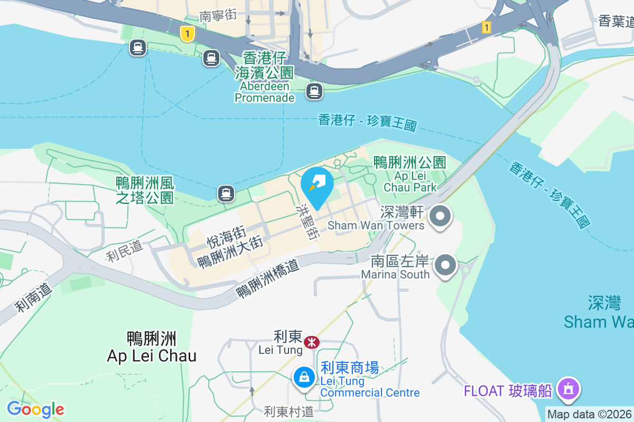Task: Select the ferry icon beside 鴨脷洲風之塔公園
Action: tap(226, 194)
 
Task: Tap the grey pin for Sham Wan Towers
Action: tap(440, 217)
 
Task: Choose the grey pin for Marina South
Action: tap(446, 265)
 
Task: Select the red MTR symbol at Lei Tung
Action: tap(312, 342)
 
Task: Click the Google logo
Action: tap(35, 409)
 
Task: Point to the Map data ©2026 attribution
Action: tap(589, 414)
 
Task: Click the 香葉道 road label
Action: tap(616, 22)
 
